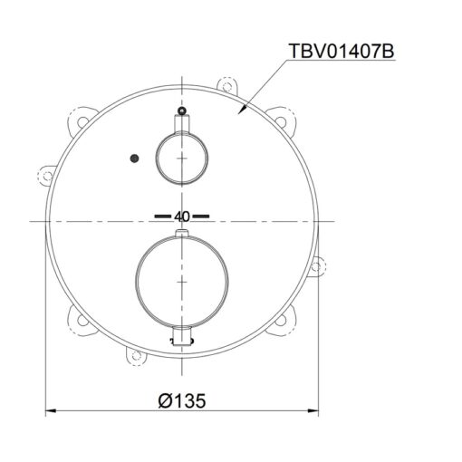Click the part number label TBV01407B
coord(342,51)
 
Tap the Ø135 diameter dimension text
coord(182,401)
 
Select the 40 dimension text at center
coord(182,217)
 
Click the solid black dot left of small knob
coord(134,158)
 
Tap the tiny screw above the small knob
coord(181,111)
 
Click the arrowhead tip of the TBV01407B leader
coord(238,114)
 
